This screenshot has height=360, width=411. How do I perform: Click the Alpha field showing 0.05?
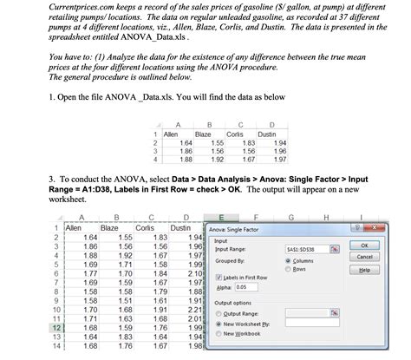[241, 287]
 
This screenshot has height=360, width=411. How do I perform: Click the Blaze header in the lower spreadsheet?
[109, 227]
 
